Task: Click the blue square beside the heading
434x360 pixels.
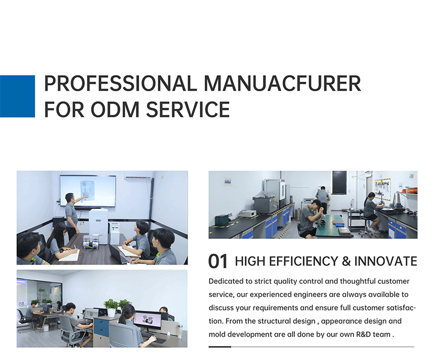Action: point(18,97)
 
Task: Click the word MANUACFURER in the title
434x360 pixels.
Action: point(283,83)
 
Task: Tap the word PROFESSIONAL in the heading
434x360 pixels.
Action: point(120,83)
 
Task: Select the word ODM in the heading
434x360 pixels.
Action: point(115,109)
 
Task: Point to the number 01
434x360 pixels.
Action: point(218,261)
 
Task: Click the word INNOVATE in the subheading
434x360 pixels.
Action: point(385,261)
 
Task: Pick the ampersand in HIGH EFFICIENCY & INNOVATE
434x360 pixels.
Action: point(346,261)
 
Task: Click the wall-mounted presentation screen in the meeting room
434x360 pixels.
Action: point(88,191)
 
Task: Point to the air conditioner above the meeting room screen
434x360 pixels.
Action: point(139,175)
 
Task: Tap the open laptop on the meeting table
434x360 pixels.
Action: point(118,253)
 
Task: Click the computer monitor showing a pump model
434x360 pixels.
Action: point(147,321)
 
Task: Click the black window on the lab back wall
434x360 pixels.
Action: point(339,182)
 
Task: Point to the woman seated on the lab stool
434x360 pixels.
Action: point(371,212)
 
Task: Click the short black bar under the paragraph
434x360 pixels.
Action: point(220,347)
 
